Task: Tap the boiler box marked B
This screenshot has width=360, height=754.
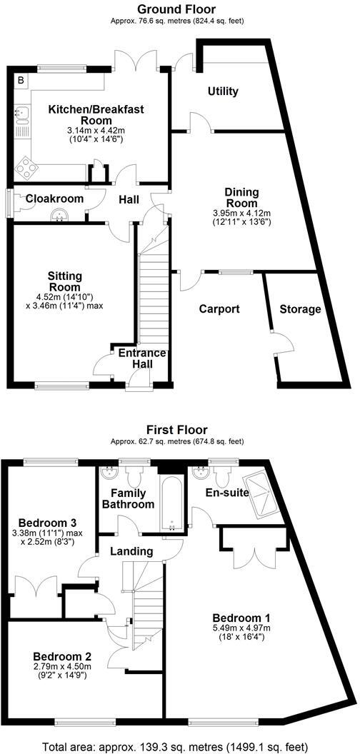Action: (21, 81)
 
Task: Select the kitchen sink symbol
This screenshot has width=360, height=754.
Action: (22, 112)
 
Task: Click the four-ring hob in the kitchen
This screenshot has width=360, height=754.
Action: (29, 169)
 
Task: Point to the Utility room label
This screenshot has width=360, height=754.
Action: (223, 91)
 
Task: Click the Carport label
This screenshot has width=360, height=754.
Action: (219, 309)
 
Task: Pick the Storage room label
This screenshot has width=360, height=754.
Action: (300, 309)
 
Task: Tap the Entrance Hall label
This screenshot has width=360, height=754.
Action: (141, 359)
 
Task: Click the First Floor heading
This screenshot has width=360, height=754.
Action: (177, 430)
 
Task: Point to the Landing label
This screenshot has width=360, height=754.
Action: (131, 551)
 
